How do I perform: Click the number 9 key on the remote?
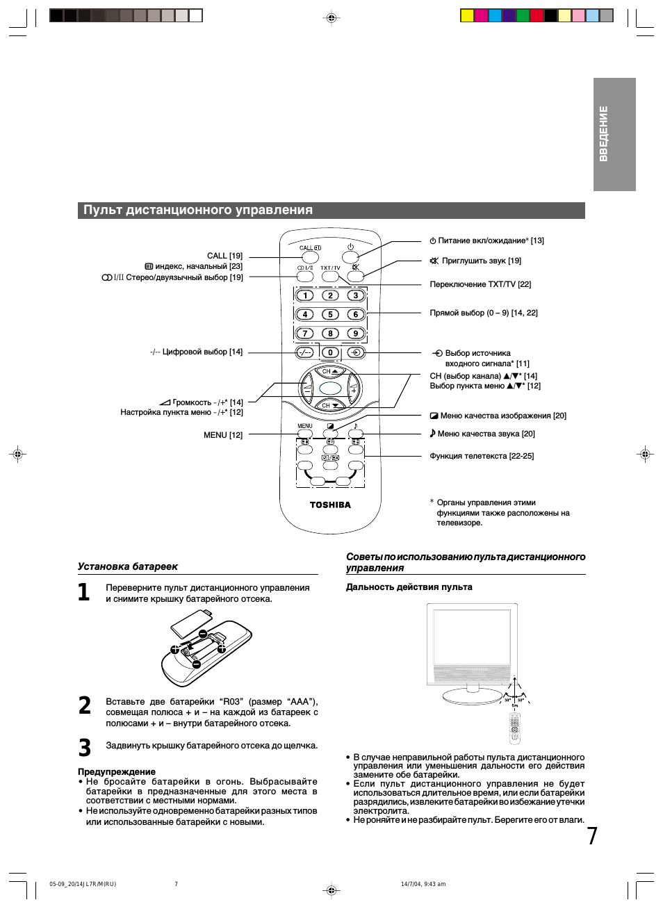tap(356, 333)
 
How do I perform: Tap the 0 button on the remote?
tap(330, 352)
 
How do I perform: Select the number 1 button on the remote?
tap(305, 295)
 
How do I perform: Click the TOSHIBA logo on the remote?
tap(330, 505)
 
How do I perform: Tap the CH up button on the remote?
tap(329, 372)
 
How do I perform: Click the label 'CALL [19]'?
tap(224, 256)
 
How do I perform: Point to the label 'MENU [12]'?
tap(223, 435)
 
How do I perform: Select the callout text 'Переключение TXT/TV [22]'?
tap(480, 284)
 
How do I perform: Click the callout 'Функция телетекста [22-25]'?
tap(482, 456)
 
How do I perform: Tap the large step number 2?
tap(85, 705)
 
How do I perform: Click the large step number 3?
tap(85, 748)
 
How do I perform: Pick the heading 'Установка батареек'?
tap(128, 566)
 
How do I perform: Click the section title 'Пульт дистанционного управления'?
tap(198, 210)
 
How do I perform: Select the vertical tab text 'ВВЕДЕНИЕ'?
tap(603, 133)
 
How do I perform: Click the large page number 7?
tap(591, 836)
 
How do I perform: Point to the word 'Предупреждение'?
tap(117, 771)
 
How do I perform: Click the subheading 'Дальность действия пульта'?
tap(409, 587)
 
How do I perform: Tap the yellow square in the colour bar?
tap(467, 15)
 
